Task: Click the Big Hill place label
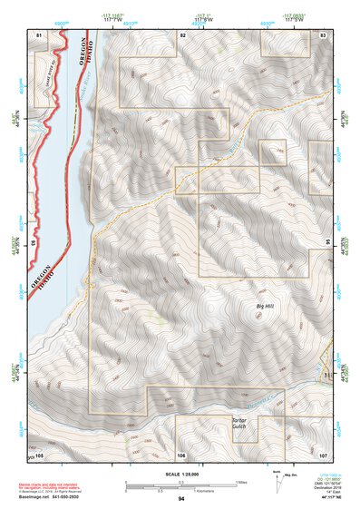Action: (264, 308)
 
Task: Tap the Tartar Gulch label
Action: (238, 425)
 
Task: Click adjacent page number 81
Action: (38, 34)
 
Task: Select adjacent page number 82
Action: (182, 34)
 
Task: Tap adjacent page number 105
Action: (38, 454)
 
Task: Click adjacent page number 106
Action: (181, 454)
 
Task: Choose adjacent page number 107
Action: (324, 454)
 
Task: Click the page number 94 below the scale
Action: (181, 499)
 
